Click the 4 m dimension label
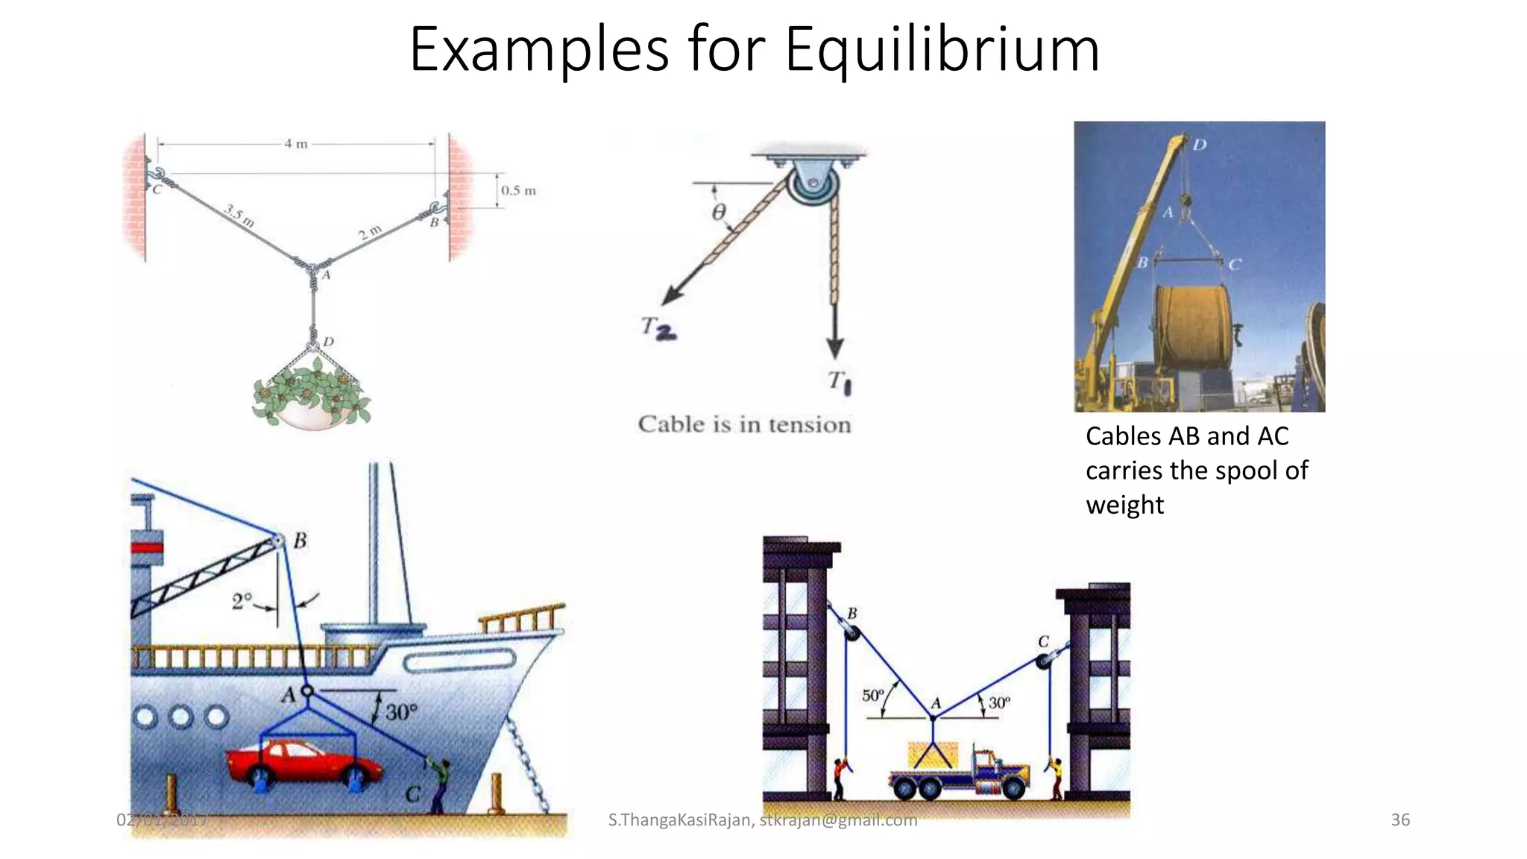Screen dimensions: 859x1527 tap(296, 144)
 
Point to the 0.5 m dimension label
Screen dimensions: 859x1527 tap(518, 191)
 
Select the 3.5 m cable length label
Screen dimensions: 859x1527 tap(239, 216)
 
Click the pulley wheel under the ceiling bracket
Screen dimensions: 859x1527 tap(813, 183)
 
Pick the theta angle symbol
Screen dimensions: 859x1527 tap(718, 213)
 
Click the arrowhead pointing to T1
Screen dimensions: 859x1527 tap(835, 347)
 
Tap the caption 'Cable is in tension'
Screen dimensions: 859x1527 tap(744, 424)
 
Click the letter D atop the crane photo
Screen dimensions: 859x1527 tap(1200, 144)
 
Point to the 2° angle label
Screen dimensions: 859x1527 tap(242, 601)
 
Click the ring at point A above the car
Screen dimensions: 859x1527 tap(306, 691)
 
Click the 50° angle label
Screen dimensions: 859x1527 tap(872, 696)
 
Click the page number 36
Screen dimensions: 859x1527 tap(1400, 820)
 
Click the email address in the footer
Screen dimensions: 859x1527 tap(838, 820)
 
